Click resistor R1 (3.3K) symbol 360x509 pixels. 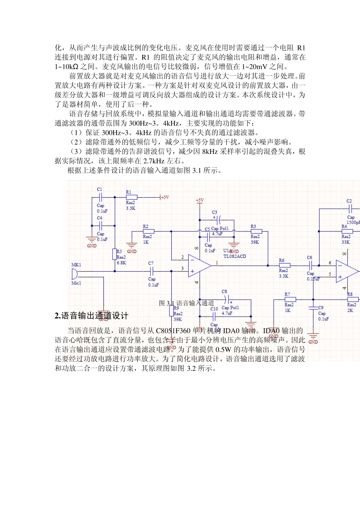click(x=131, y=197)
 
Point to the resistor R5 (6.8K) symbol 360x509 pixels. click(x=114, y=254)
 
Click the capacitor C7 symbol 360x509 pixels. click(x=151, y=271)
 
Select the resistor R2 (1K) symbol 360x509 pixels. click(x=149, y=231)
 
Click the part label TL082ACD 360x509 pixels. click(x=235, y=256)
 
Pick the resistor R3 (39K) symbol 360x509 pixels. click(x=256, y=231)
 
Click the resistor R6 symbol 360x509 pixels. click(x=284, y=265)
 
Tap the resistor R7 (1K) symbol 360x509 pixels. click(x=290, y=300)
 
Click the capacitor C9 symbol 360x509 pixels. click(x=313, y=308)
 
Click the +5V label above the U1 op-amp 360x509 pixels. click(x=200, y=200)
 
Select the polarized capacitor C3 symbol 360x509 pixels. click(x=218, y=220)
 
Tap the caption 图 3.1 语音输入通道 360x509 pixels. click(x=186, y=303)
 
